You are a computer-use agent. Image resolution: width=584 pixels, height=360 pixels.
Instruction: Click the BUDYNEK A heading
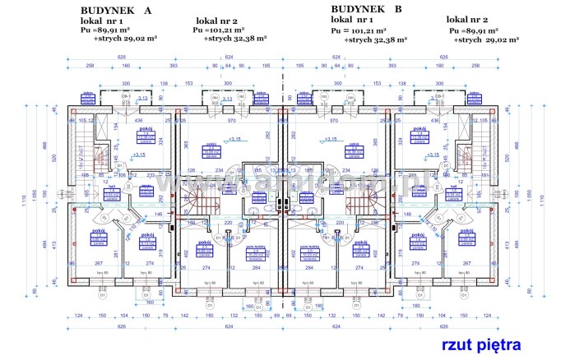point(115,9)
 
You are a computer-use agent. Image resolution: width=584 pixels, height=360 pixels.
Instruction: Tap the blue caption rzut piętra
point(481,344)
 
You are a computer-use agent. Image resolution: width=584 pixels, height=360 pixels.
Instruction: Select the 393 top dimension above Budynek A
point(174,65)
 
